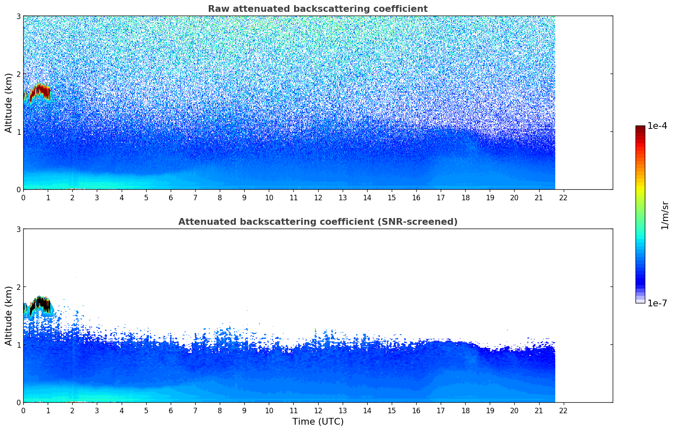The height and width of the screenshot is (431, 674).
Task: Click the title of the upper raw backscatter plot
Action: [317, 9]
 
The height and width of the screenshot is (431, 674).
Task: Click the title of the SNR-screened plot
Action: [317, 222]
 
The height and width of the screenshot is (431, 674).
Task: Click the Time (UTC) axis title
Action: [318, 422]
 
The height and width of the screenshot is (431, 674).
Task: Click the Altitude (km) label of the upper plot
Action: [8, 103]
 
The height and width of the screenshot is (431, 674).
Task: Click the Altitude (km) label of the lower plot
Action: [8, 316]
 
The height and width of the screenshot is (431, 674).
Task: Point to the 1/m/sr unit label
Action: [665, 215]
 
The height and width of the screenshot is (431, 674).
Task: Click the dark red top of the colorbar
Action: [640, 128]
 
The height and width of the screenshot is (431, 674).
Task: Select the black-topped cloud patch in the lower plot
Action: [40, 303]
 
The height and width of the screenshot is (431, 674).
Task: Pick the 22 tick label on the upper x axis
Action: [563, 197]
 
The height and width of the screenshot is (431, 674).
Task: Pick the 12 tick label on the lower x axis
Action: [318, 410]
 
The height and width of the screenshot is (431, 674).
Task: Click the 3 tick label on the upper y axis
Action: [18, 16]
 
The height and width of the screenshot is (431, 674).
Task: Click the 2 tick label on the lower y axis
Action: [18, 287]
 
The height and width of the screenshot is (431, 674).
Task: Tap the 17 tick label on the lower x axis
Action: [440, 410]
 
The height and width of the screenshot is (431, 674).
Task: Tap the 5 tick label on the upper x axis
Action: [146, 197]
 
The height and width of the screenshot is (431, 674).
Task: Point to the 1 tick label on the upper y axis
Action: [18, 132]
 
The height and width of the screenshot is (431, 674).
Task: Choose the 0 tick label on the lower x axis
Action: [23, 410]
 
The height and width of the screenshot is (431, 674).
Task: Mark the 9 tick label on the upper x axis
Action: [244, 197]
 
